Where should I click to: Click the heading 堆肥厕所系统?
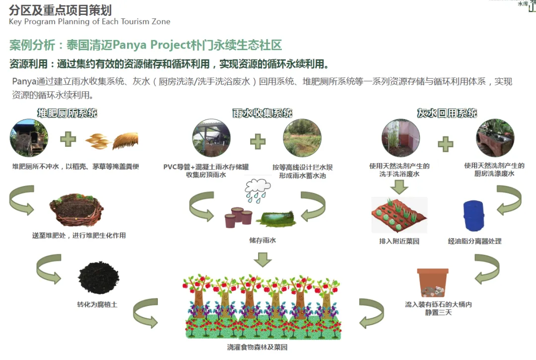[x=67, y=113]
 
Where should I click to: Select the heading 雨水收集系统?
[x=263, y=113]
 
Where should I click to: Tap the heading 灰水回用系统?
[x=447, y=113]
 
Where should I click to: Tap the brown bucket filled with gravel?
[x=432, y=283]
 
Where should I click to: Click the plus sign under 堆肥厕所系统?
[x=68, y=139]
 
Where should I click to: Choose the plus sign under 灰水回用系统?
[x=445, y=144]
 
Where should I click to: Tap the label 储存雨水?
[x=263, y=240]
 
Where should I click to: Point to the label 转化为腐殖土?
[x=97, y=304]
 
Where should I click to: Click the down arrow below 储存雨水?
[x=263, y=259]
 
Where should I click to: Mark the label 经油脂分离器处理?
[x=474, y=241]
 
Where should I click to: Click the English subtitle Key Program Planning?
[x=89, y=22]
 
